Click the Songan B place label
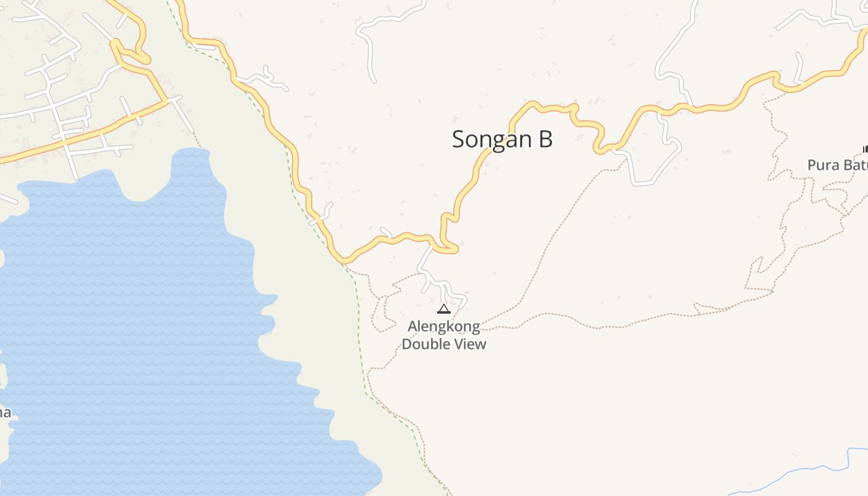(x=502, y=139)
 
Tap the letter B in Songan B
(x=545, y=139)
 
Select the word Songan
(x=490, y=139)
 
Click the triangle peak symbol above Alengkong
(x=444, y=309)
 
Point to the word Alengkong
(x=444, y=326)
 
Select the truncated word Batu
(x=854, y=165)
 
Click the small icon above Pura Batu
(x=865, y=149)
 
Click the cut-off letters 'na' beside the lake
(x=5, y=412)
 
